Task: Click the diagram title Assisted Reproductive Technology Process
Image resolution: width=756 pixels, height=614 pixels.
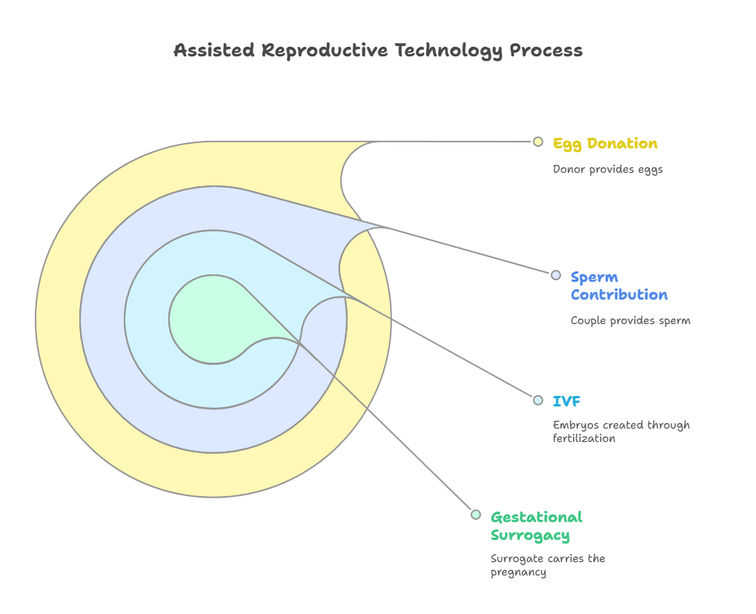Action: pyautogui.click(x=378, y=50)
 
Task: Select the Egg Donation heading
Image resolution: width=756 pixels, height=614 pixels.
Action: pyautogui.click(x=605, y=143)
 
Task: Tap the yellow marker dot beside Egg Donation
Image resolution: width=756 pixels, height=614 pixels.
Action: pyautogui.click(x=538, y=142)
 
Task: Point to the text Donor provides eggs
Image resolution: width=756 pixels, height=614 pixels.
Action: pyautogui.click(x=608, y=169)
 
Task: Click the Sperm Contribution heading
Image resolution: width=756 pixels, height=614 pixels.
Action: pyautogui.click(x=619, y=285)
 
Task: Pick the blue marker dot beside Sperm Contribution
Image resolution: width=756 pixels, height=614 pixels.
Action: pyautogui.click(x=556, y=275)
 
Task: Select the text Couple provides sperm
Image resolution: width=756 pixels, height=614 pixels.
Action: pyautogui.click(x=630, y=321)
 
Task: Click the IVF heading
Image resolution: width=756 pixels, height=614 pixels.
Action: pyautogui.click(x=566, y=401)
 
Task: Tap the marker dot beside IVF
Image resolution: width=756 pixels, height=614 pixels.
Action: pyautogui.click(x=538, y=400)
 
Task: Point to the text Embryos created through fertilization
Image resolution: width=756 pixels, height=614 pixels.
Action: pyautogui.click(x=621, y=432)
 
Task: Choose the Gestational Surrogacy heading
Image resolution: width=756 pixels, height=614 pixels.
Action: pyautogui.click(x=537, y=526)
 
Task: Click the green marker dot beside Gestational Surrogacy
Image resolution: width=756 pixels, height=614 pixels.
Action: pyautogui.click(x=476, y=515)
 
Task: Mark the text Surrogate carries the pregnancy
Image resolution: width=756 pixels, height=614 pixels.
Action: pyautogui.click(x=548, y=565)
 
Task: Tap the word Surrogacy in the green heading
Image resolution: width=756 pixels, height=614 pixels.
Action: pyautogui.click(x=530, y=535)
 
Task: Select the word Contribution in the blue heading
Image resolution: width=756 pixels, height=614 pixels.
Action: pyautogui.click(x=619, y=294)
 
